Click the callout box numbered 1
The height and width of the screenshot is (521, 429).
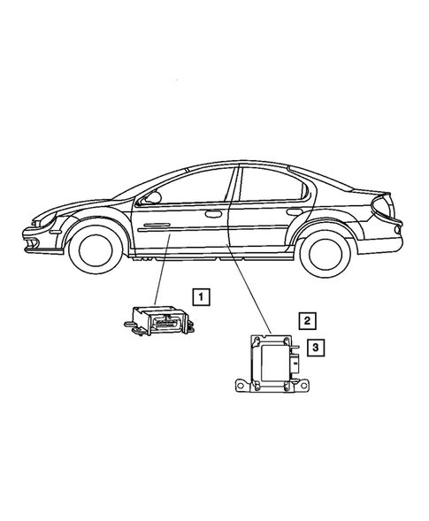pyautogui.click(x=203, y=296)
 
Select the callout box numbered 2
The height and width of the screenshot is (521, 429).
pyautogui.click(x=307, y=320)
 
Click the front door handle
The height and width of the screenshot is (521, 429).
pyautogui.click(x=213, y=213)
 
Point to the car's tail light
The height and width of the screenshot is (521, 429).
pyautogui.click(x=382, y=231)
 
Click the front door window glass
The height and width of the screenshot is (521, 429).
pyautogui.click(x=190, y=187)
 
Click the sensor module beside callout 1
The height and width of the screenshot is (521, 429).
pyautogui.click(x=159, y=318)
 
